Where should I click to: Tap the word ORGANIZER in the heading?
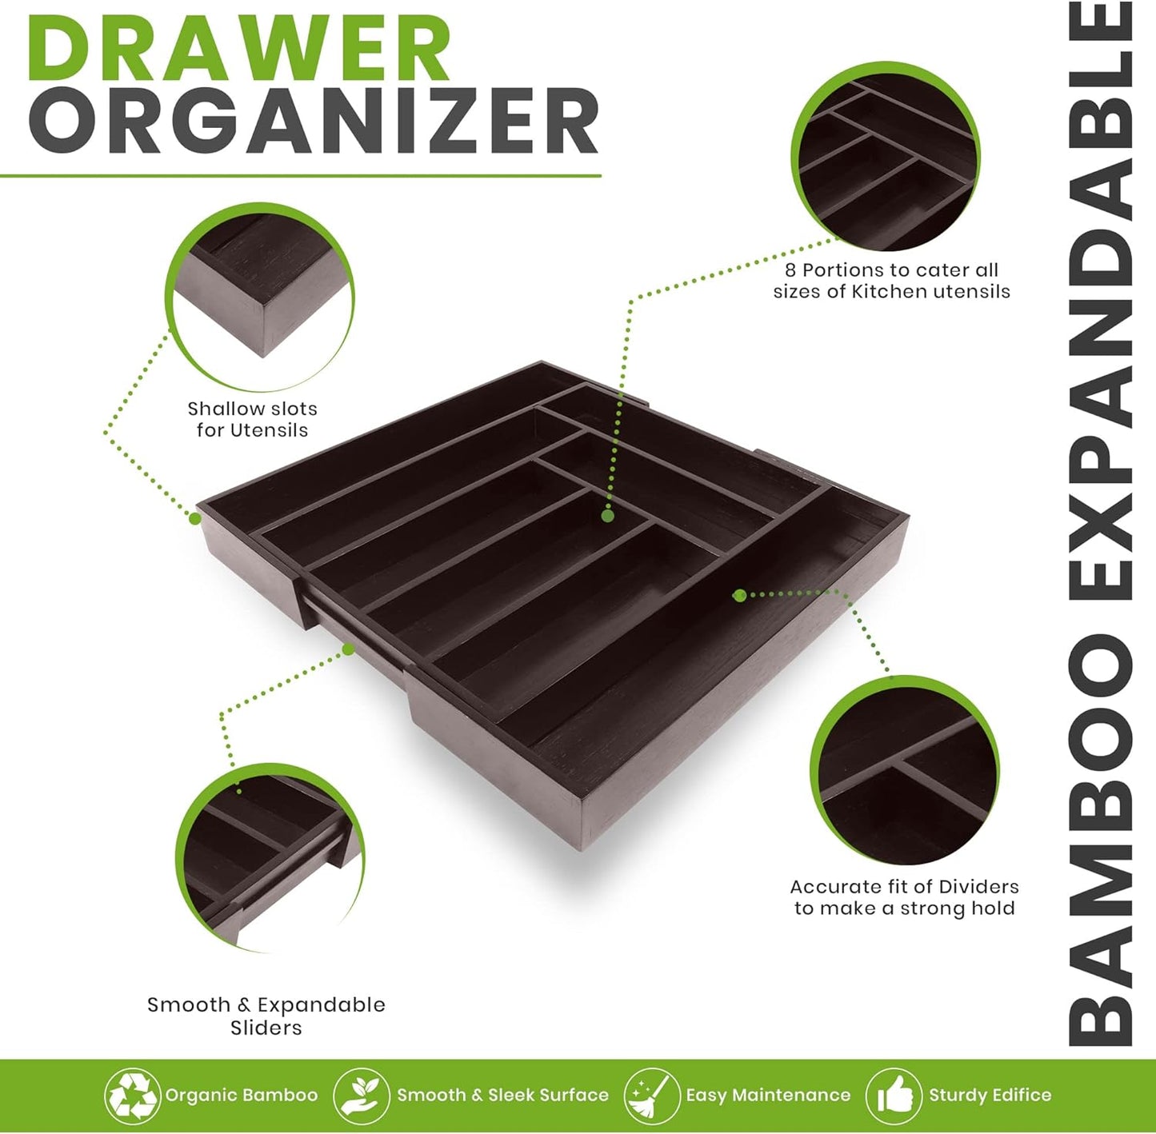tap(314, 122)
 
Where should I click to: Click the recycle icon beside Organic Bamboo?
tap(132, 1095)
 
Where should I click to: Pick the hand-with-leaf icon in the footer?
tap(361, 1095)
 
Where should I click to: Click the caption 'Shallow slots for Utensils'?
tap(252, 419)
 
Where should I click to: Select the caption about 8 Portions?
tap(891, 281)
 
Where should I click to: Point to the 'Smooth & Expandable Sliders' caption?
tap(266, 1016)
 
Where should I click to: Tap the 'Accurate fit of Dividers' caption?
tap(904, 897)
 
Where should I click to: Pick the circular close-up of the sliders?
tap(270, 857)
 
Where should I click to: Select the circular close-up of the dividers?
tap(905, 771)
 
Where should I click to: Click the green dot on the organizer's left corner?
tap(194, 518)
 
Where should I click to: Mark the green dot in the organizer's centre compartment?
tap(607, 516)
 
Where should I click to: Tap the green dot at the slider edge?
tap(349, 649)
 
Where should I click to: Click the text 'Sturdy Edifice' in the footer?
tap(990, 1095)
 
